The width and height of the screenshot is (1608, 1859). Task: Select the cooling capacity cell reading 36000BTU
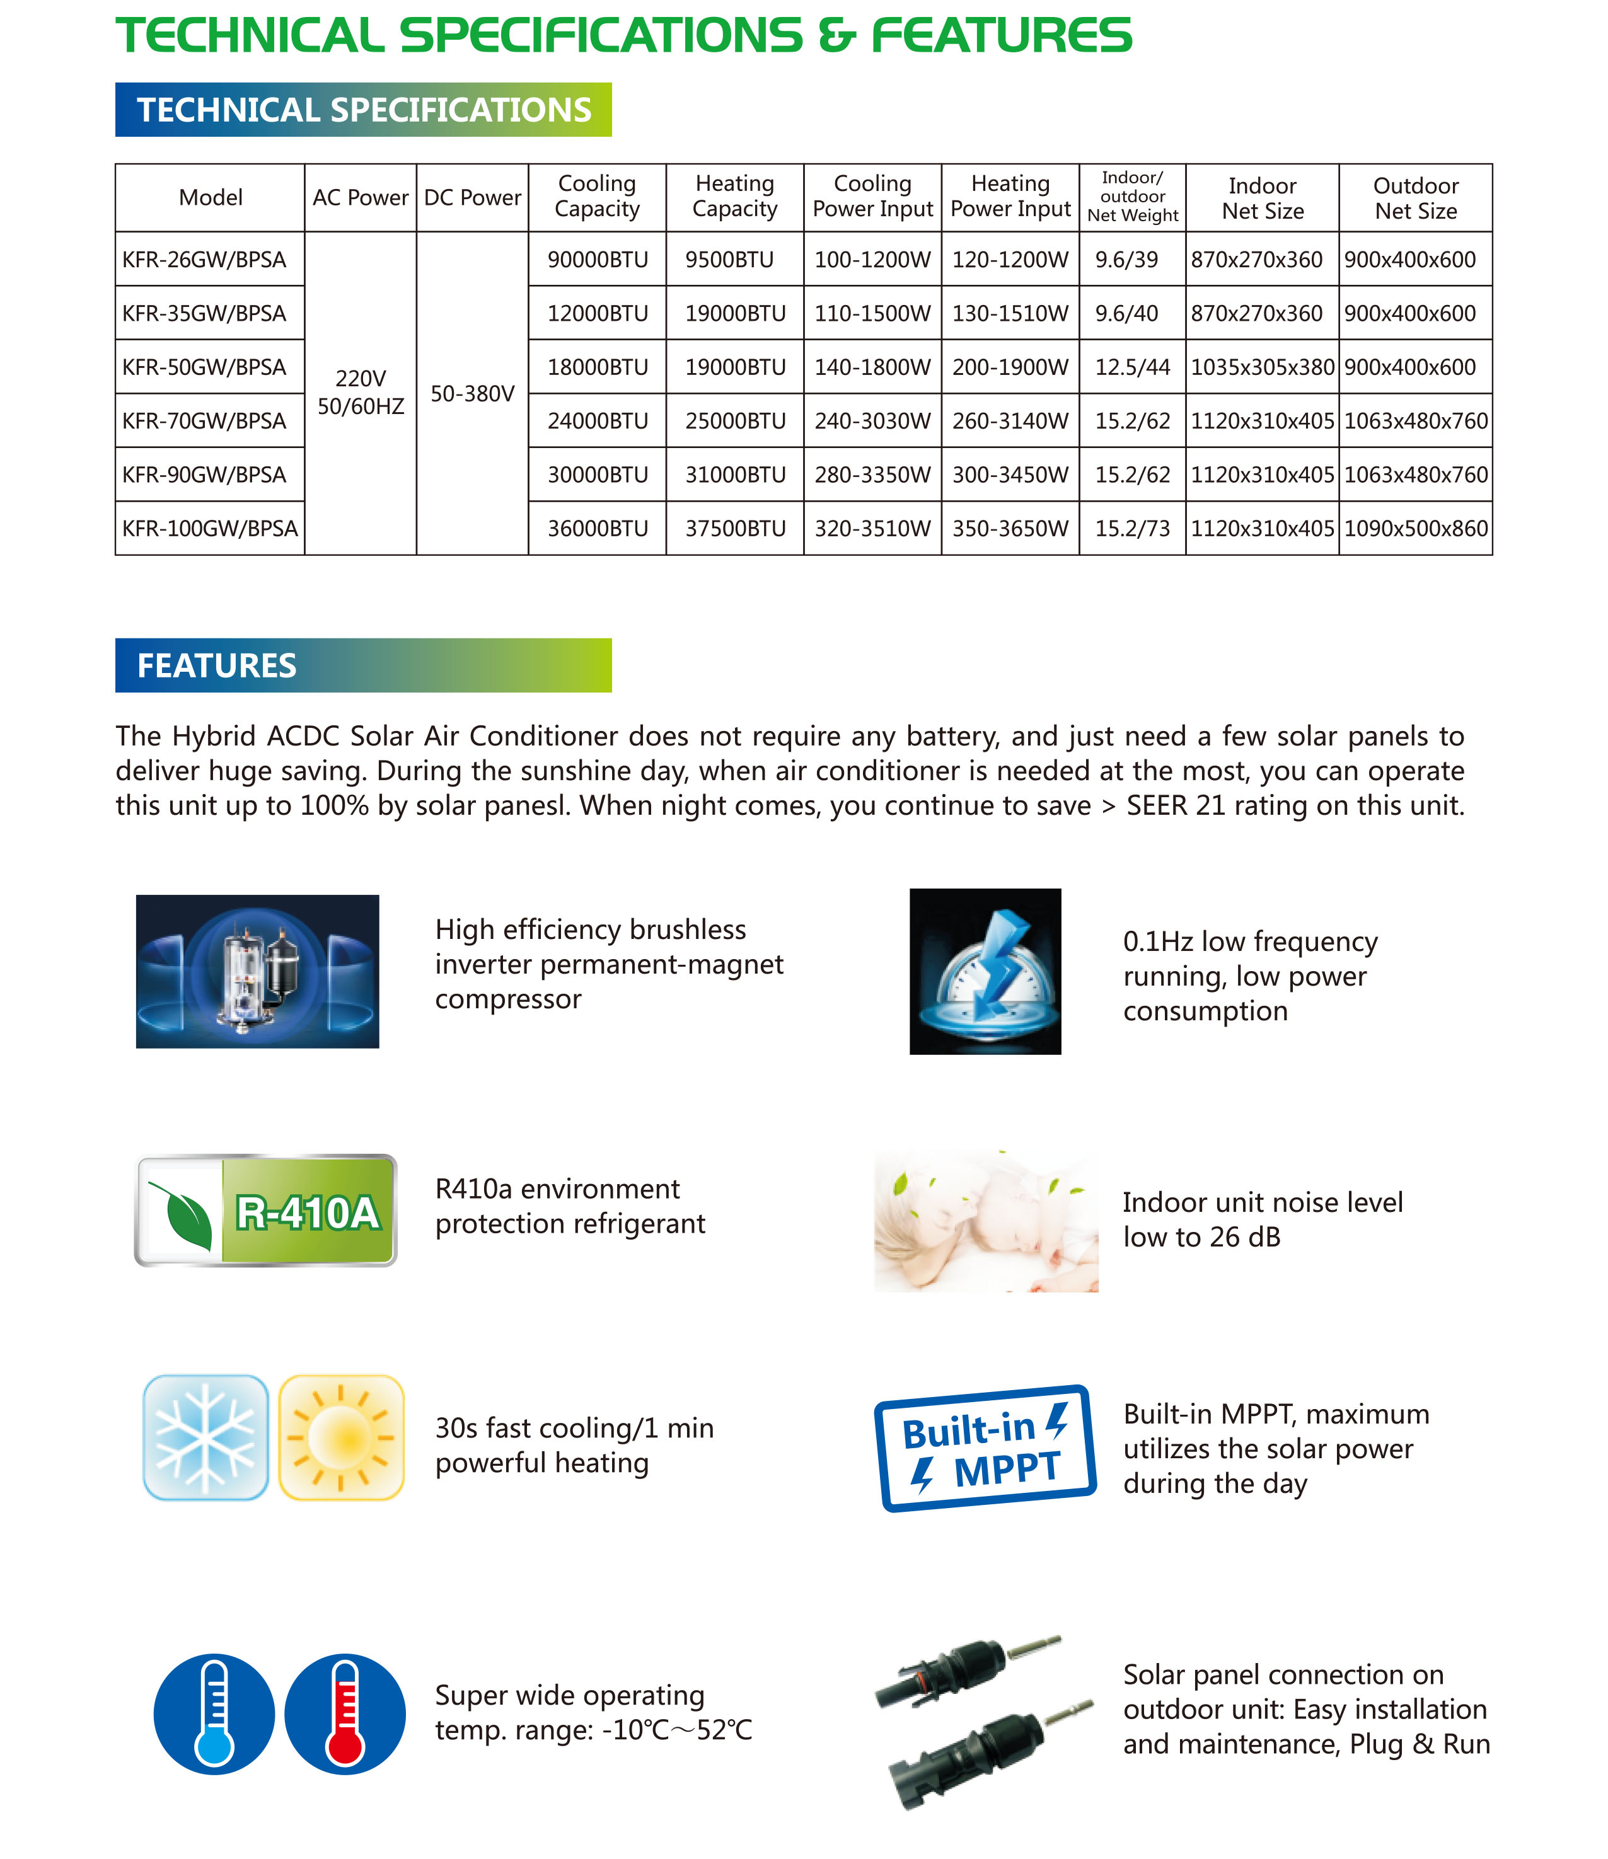[x=598, y=529]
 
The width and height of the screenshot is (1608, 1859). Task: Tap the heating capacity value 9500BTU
[x=729, y=259]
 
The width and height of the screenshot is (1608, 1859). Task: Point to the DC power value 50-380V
[x=473, y=393]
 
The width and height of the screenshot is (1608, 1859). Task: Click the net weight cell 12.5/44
[x=1133, y=367]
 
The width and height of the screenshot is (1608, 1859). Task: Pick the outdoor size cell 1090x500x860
[x=1415, y=529]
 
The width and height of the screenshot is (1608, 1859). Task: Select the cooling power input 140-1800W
[x=872, y=367]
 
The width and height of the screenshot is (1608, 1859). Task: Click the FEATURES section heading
[x=217, y=665]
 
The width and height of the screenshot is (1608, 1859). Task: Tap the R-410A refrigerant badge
[x=265, y=1211]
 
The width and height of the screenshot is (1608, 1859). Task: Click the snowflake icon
[x=205, y=1437]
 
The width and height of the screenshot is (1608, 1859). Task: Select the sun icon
[x=341, y=1437]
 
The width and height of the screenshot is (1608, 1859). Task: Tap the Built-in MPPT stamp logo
[x=985, y=1448]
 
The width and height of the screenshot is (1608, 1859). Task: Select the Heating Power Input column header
[x=1010, y=197]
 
